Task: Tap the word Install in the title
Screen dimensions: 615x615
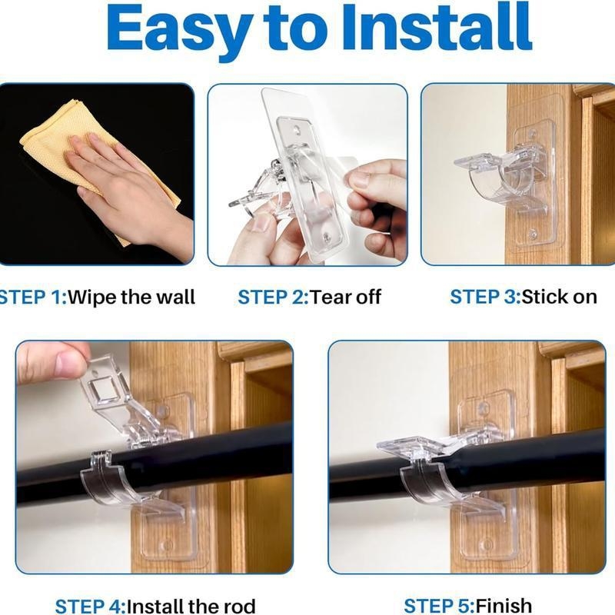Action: (437, 27)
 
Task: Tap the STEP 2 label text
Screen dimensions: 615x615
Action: (274, 298)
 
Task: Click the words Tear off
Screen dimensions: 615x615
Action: (345, 298)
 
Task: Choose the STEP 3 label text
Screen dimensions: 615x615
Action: (485, 297)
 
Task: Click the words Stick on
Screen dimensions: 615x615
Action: (560, 297)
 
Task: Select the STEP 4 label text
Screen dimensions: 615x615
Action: (91, 607)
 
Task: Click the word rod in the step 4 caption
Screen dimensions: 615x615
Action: (239, 607)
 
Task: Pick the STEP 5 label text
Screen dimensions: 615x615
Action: (439, 607)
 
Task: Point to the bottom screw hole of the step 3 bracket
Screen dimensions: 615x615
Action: (533, 234)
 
